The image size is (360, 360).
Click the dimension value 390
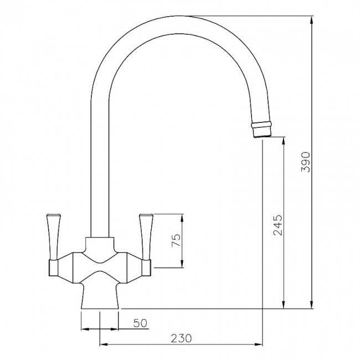pos(306,162)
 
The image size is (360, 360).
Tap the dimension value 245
pos(278,225)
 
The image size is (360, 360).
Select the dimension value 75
pos(176,240)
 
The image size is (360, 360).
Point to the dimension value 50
pos(140,323)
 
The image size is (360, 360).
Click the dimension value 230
pos(181,338)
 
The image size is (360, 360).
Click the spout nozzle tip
pos(262,130)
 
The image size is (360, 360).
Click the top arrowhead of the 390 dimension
pos(312,20)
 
